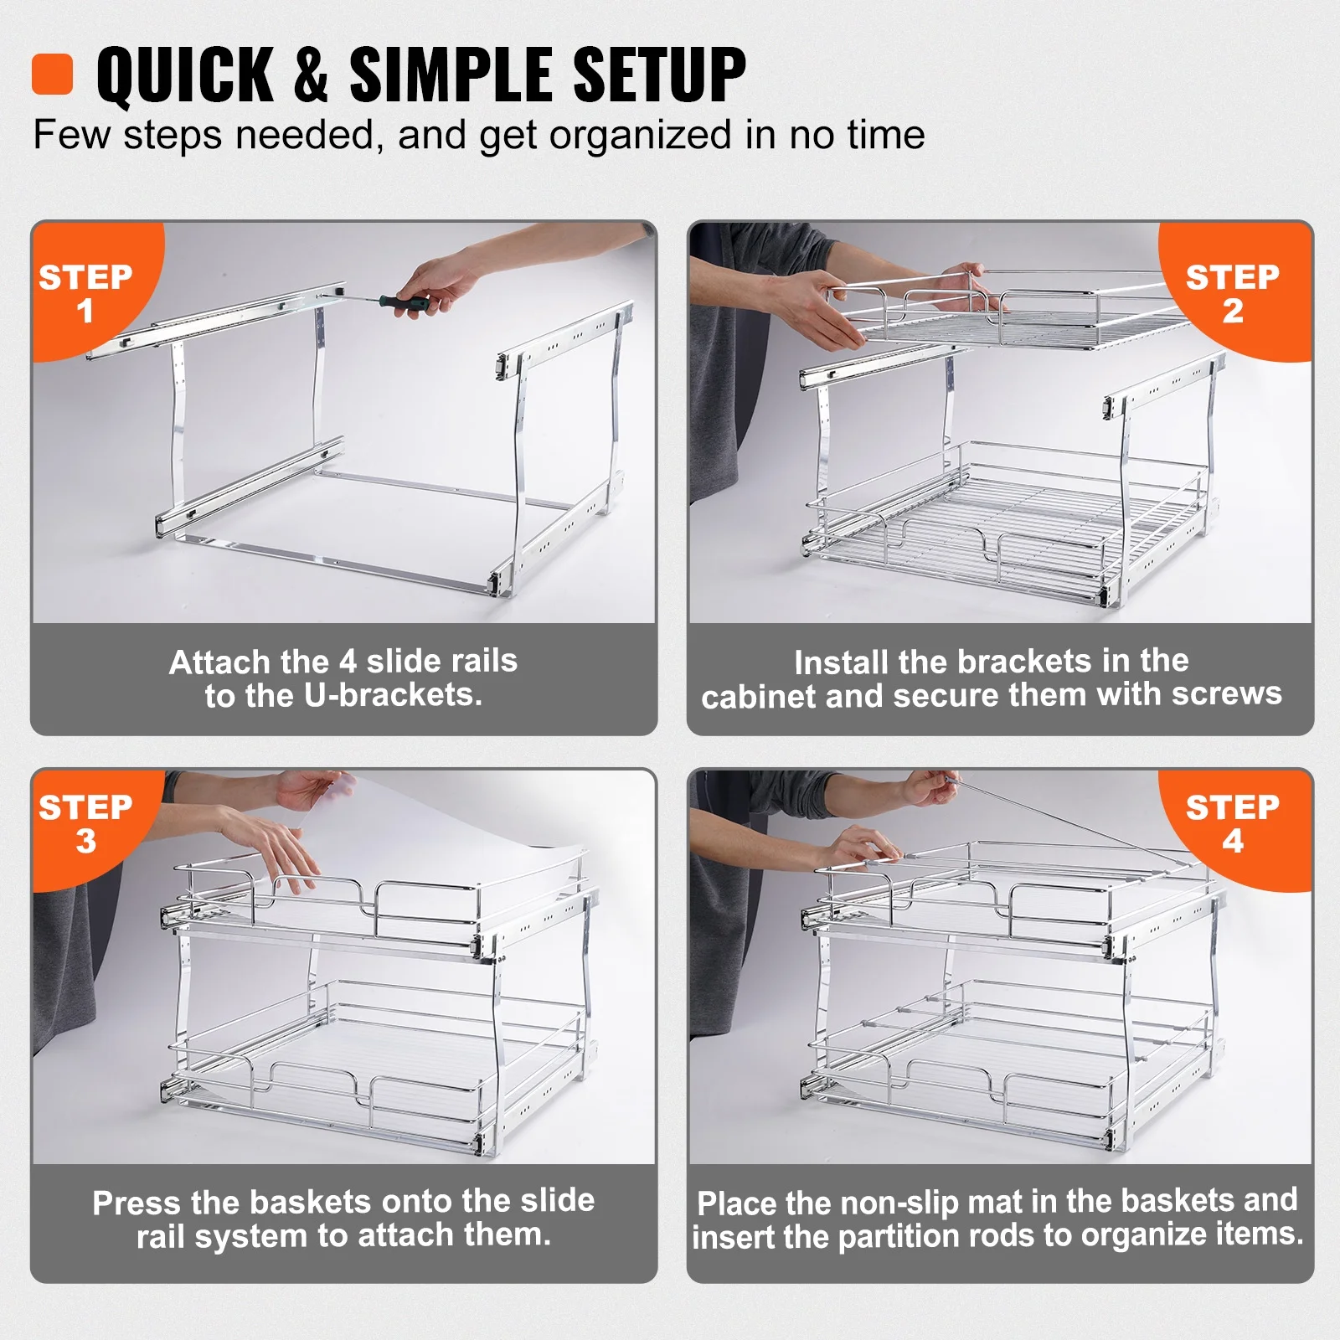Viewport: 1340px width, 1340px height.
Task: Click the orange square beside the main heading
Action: [x=52, y=75]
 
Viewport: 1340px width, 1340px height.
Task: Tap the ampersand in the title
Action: [x=311, y=75]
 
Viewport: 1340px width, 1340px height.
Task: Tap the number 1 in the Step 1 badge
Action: [x=85, y=312]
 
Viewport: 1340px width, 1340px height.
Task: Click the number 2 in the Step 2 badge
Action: [x=1232, y=312]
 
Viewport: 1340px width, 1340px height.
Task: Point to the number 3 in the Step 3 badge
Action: [x=85, y=842]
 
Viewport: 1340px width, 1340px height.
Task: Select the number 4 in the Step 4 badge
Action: [x=1232, y=841]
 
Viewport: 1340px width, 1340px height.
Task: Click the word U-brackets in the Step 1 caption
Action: [x=393, y=695]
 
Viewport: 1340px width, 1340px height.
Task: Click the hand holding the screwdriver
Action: [x=440, y=281]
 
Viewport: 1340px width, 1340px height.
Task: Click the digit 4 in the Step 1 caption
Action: [x=348, y=662]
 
